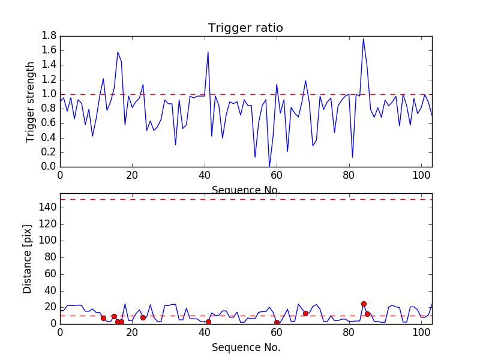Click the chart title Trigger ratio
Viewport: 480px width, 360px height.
pos(245,28)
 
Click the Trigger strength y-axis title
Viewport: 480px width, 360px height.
pos(31,101)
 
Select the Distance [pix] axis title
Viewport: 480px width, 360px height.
pos(28,258)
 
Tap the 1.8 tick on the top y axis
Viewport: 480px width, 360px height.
pos(49,36)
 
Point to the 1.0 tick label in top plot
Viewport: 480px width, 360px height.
pos(49,94)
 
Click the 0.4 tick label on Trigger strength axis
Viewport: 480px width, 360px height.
pos(49,138)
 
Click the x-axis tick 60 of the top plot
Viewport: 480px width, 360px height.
pos(277,175)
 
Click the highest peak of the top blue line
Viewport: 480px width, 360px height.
pos(363,39)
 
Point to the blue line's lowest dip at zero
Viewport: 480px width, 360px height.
pos(269,166)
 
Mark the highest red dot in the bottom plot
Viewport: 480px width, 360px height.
pos(364,304)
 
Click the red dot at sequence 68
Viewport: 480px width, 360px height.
pos(305,313)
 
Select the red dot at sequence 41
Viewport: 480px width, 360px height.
pos(208,322)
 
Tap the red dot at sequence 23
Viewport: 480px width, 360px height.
pos(143,317)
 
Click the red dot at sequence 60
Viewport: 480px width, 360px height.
pos(277,322)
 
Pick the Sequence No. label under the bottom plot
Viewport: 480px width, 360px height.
pos(245,347)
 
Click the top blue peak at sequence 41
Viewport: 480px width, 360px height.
pos(208,52)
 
